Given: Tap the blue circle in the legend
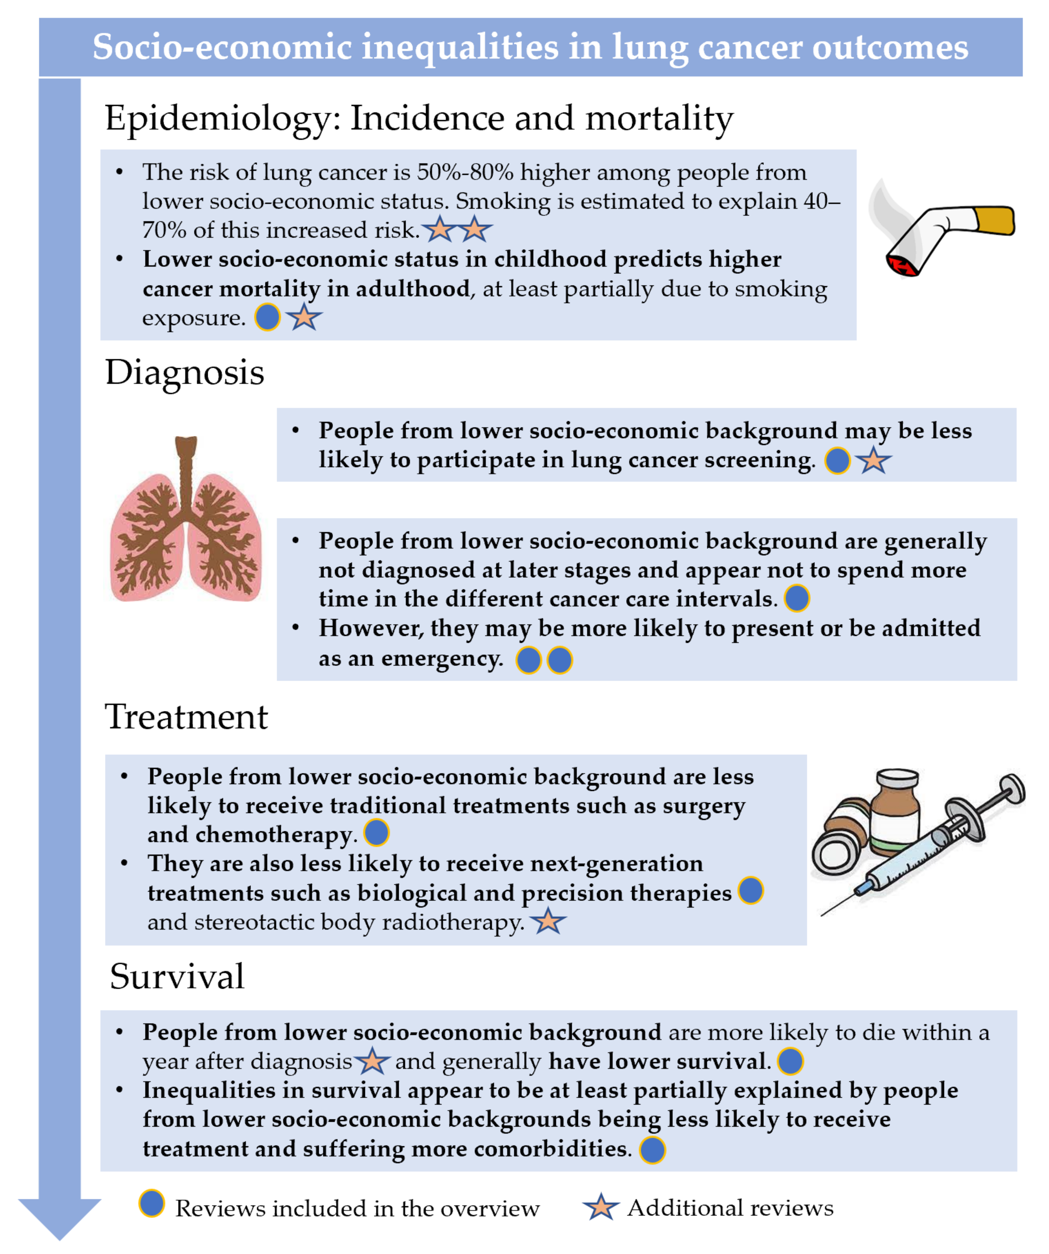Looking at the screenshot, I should pos(152,1203).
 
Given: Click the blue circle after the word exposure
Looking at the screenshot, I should pos(268,317).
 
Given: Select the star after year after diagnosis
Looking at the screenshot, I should pos(372,1061).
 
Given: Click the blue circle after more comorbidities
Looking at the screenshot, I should pos(652,1149).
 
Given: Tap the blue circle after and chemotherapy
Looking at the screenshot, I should pos(376,833).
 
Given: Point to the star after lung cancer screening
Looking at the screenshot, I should pos(873,461).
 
